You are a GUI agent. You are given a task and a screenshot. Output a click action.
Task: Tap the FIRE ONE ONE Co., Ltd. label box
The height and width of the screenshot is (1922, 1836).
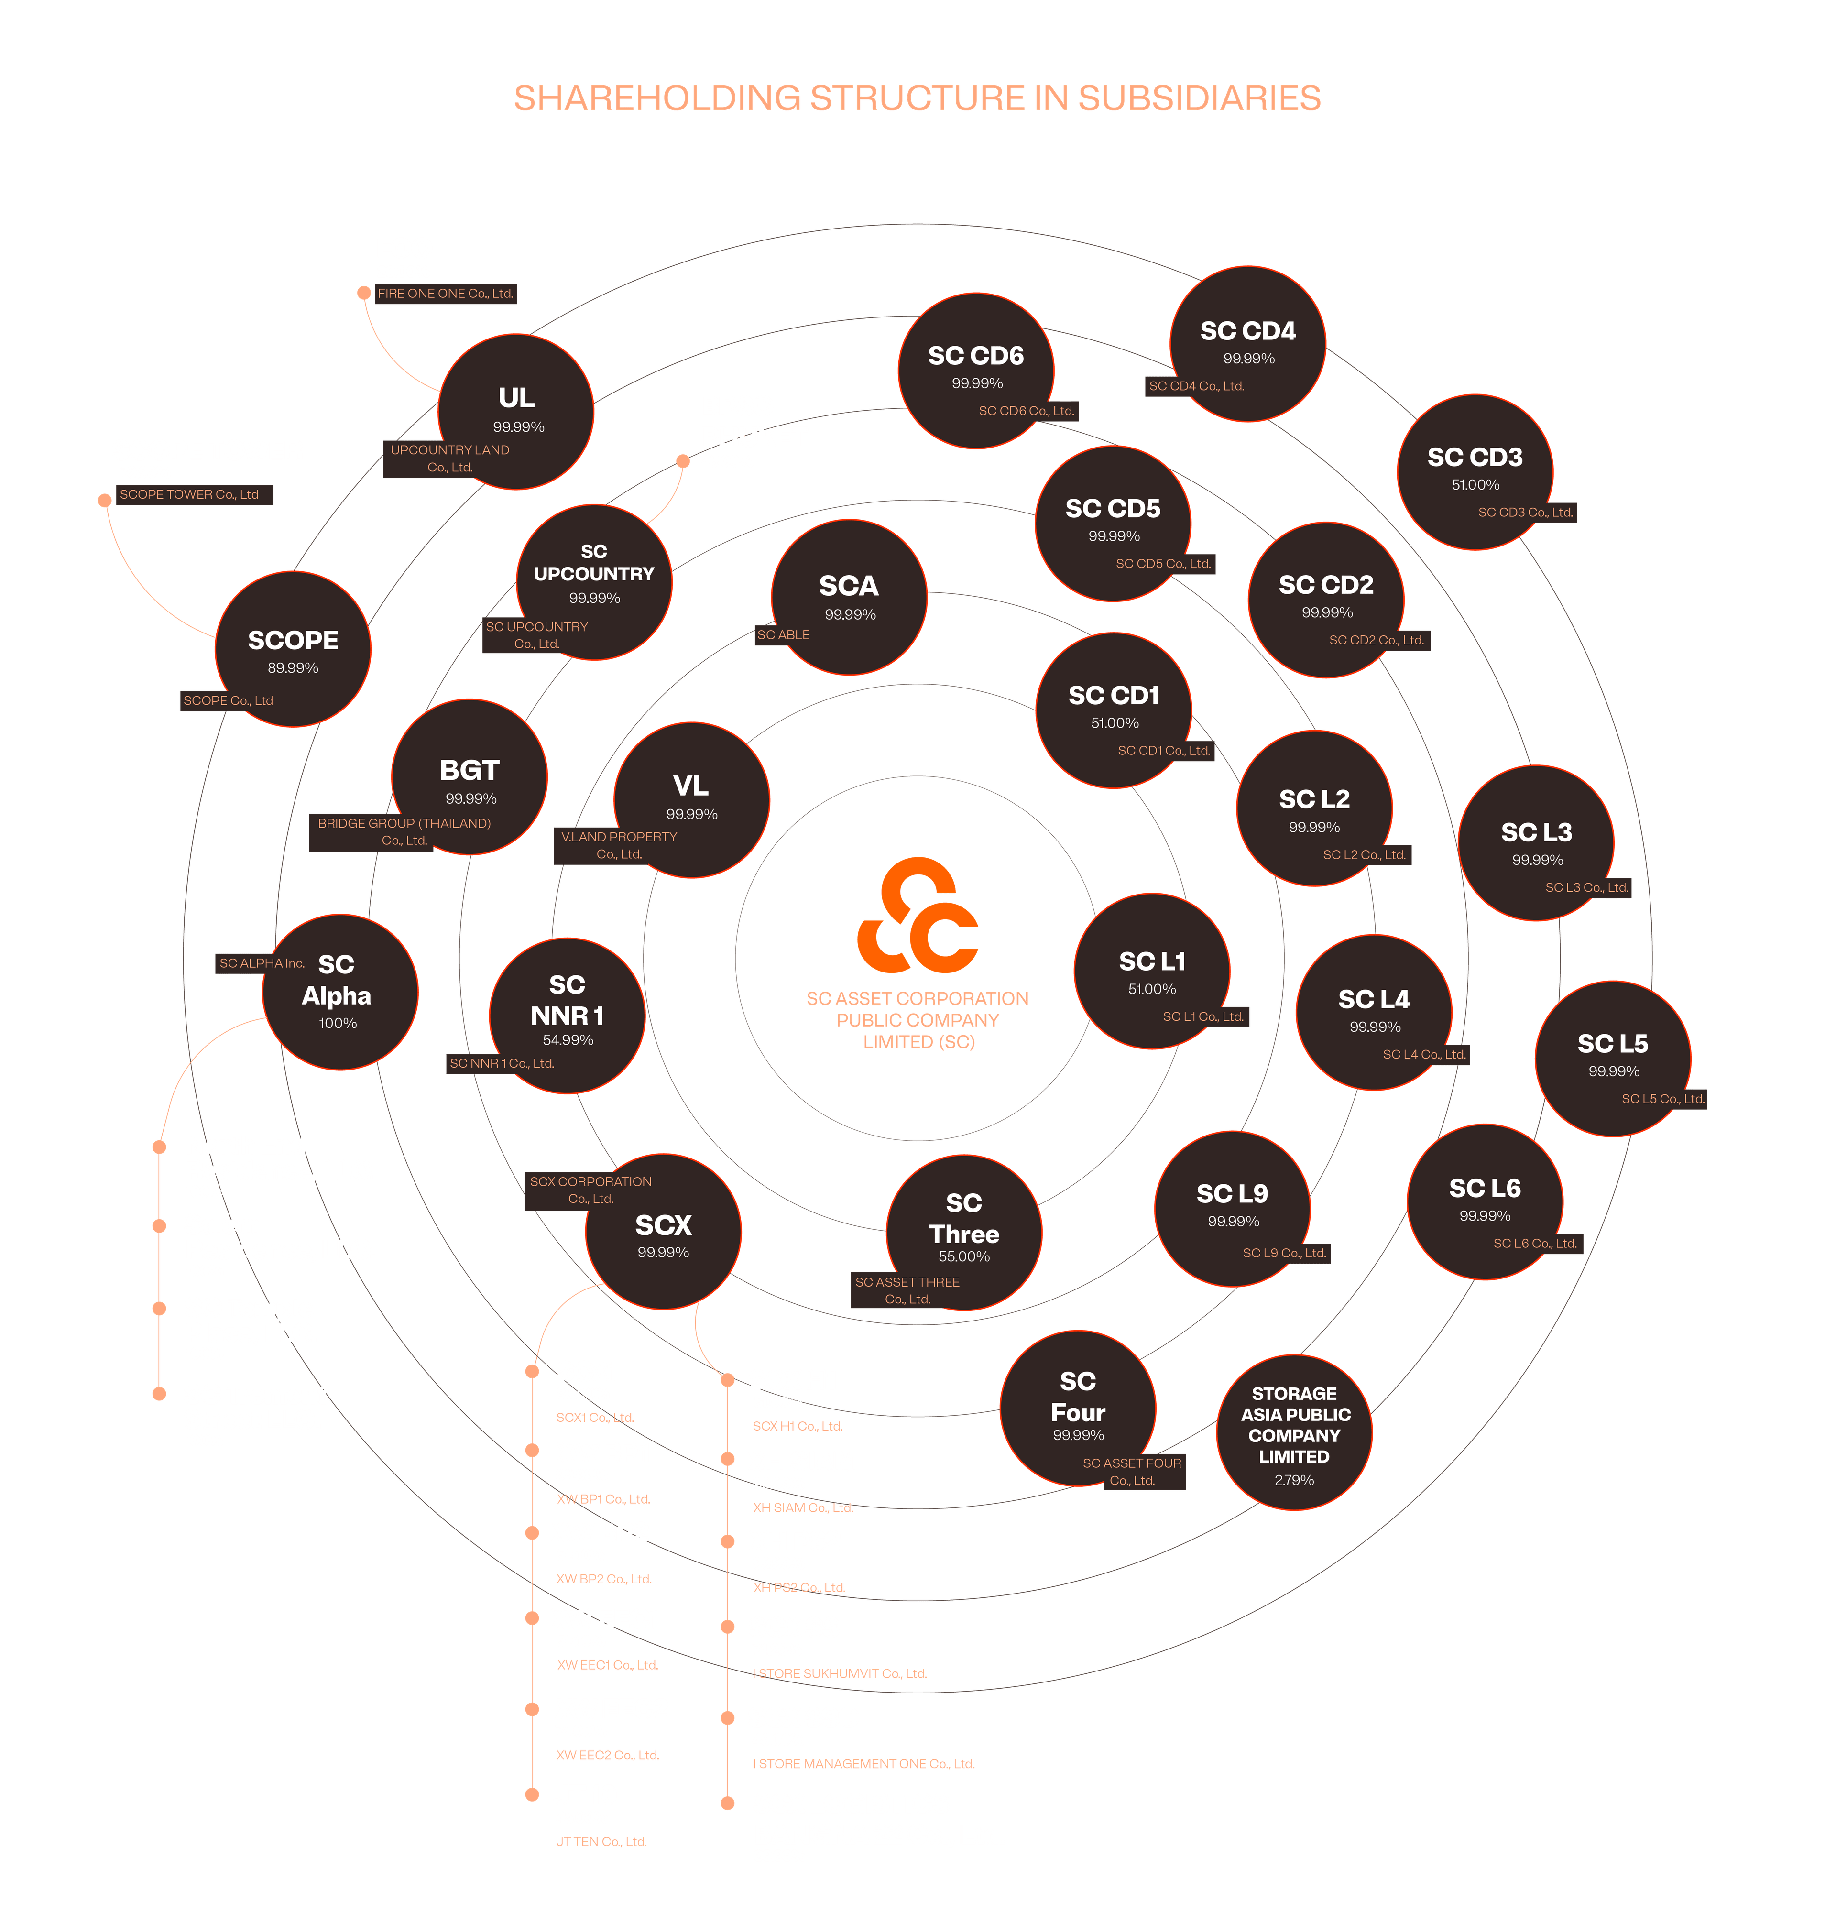tap(445, 294)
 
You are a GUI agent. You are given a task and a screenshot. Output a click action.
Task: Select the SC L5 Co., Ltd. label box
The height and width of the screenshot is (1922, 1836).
tap(1663, 1099)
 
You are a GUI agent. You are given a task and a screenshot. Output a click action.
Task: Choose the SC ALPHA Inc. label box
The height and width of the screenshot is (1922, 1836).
tap(262, 963)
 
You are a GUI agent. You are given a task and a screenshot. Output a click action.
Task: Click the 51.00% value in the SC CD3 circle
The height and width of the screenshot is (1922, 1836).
tap(1475, 485)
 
